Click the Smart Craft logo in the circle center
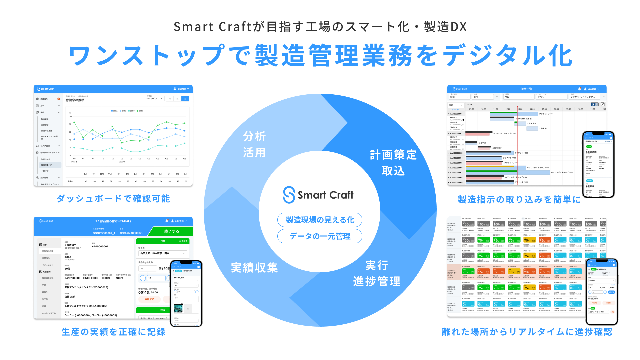[x=318, y=195]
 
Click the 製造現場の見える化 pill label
[x=320, y=220]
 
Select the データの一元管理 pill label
[x=320, y=236]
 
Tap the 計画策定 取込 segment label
[x=393, y=163]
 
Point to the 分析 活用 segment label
[x=254, y=144]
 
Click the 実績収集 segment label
[x=254, y=268]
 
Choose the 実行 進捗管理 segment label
[x=377, y=273]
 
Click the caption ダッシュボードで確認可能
[x=113, y=199]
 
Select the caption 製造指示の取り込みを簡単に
[x=519, y=200]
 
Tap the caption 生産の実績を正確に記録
[x=113, y=332]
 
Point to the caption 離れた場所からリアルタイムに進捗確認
[x=527, y=332]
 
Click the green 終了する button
[x=171, y=231]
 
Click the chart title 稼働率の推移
[x=75, y=100]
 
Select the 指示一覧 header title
[x=526, y=89]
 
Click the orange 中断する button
[x=149, y=299]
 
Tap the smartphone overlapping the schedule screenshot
[x=598, y=164]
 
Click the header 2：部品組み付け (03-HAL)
[x=113, y=221]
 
